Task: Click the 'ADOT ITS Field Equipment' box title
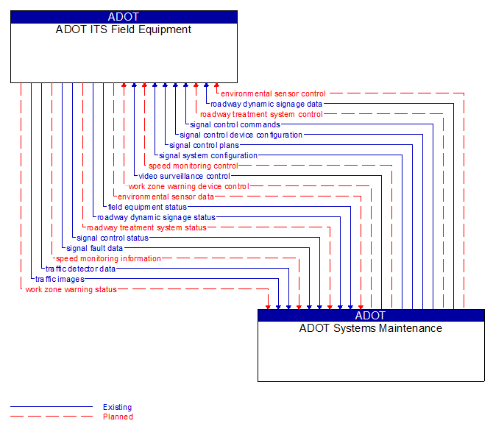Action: pos(124,30)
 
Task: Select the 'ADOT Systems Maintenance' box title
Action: pos(371,329)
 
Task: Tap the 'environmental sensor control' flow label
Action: pos(273,94)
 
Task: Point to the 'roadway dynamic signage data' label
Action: pos(266,105)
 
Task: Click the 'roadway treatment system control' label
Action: pos(261,115)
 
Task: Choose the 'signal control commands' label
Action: pos(235,125)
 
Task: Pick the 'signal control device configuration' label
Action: pos(241,135)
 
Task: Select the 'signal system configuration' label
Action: pos(208,156)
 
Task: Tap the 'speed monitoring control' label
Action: pos(194,166)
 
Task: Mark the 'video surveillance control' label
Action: pos(184,177)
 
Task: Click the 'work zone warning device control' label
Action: pos(188,187)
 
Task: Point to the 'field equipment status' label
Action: pos(147,208)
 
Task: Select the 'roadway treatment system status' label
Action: pos(146,228)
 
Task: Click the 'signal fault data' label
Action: pos(95,249)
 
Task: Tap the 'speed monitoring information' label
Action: pos(108,259)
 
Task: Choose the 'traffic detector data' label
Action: pos(80,269)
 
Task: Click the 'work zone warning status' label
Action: pos(71,290)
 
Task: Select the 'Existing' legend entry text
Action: pos(118,407)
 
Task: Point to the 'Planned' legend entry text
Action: pos(118,417)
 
